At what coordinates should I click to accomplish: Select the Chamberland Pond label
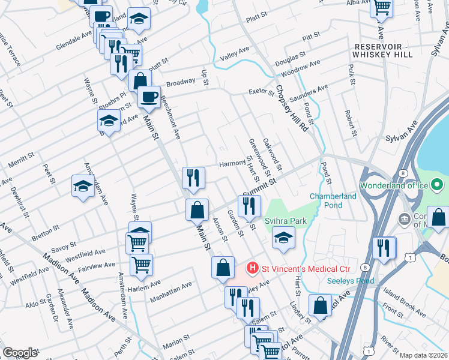click(333, 200)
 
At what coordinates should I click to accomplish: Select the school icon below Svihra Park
click(283, 238)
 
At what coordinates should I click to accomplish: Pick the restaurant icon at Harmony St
click(193, 176)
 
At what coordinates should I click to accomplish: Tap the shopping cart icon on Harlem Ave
click(141, 263)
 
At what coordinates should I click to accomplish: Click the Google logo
click(19, 353)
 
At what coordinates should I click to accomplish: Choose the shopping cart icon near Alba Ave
click(382, 7)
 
